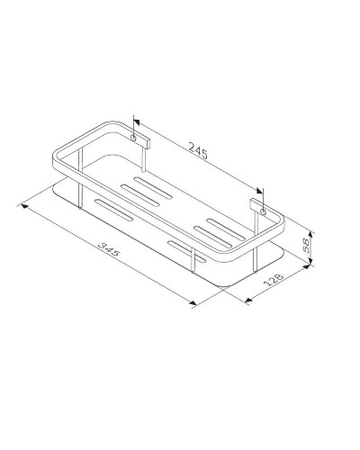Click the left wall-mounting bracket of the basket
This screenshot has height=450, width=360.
pos(139,138)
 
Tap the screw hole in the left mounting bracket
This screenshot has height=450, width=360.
pos(138,138)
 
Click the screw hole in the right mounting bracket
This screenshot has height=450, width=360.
pos(263,211)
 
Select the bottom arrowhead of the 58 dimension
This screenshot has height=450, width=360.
pos(311,262)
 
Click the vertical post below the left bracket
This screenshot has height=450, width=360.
pos(146,158)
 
